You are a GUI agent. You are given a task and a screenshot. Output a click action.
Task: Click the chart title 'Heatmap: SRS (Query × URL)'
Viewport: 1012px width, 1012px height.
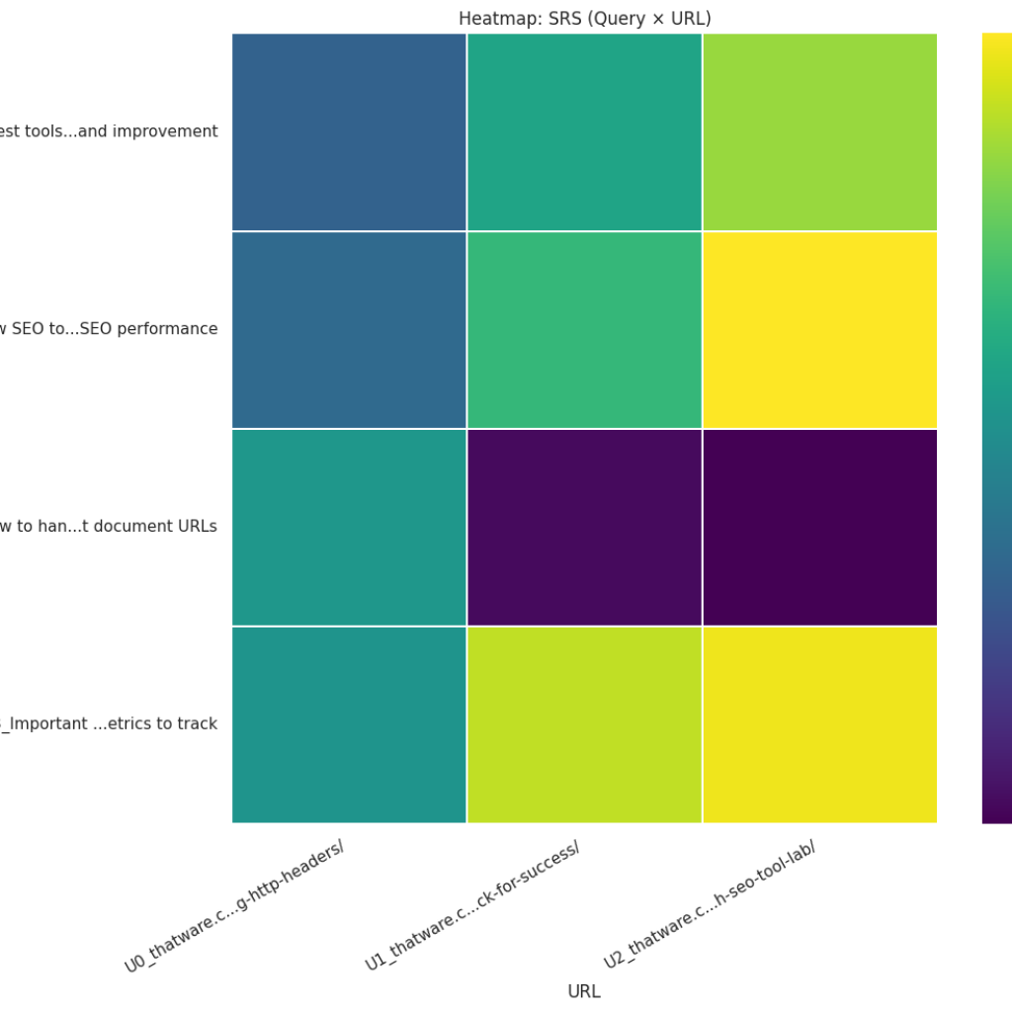pyautogui.click(x=584, y=19)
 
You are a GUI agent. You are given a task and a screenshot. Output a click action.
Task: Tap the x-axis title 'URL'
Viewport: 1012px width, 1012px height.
pyautogui.click(x=584, y=991)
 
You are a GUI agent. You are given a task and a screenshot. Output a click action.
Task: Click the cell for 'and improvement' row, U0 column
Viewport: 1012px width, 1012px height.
pyautogui.click(x=349, y=131)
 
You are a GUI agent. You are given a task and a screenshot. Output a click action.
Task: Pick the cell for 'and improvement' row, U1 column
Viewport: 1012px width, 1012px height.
pyautogui.click(x=584, y=131)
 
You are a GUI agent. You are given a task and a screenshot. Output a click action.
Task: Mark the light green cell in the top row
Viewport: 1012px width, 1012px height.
pyautogui.click(x=819, y=131)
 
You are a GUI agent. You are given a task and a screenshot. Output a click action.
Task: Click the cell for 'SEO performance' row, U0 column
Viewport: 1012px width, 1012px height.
pyautogui.click(x=349, y=329)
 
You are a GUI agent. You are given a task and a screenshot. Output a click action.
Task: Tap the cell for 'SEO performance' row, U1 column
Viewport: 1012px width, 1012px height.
pyautogui.click(x=584, y=329)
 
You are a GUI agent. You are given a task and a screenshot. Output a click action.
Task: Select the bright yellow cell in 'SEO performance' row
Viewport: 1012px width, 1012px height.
pyautogui.click(x=819, y=329)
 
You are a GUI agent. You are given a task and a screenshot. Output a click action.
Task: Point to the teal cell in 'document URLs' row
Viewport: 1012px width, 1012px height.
pyautogui.click(x=349, y=527)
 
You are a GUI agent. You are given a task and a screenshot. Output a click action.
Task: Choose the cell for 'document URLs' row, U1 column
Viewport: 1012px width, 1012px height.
pyautogui.click(x=584, y=527)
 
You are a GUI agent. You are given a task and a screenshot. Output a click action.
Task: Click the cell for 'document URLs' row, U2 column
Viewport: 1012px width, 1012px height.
pyautogui.click(x=819, y=527)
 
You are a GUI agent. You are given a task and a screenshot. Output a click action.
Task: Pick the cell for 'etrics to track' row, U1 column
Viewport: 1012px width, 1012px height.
pyautogui.click(x=584, y=724)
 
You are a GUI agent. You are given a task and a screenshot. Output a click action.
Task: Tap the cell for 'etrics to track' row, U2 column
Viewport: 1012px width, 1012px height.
pyautogui.click(x=819, y=724)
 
